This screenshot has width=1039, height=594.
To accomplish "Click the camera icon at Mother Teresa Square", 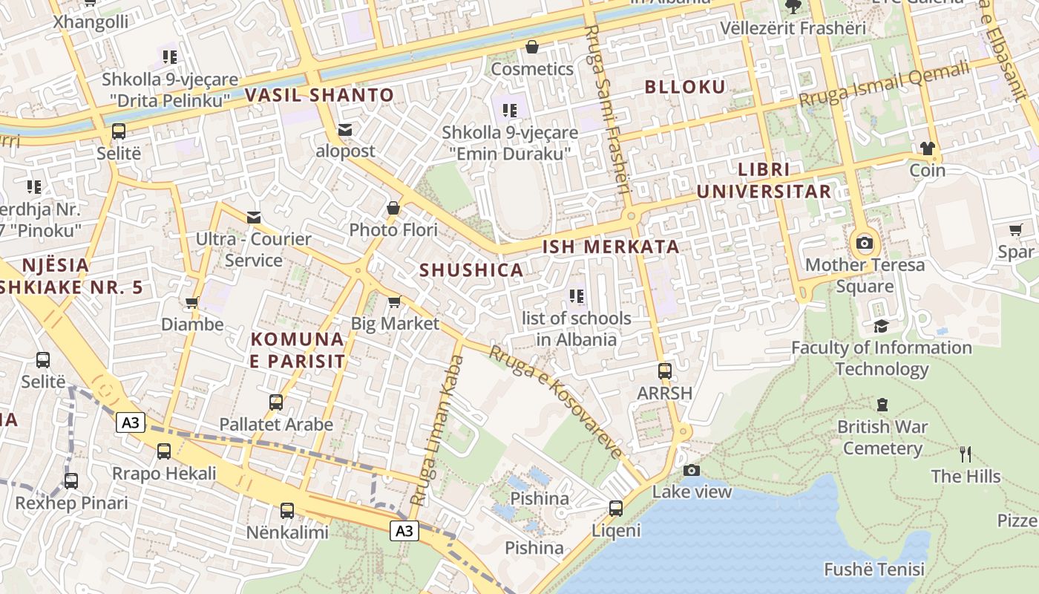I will tap(864, 243).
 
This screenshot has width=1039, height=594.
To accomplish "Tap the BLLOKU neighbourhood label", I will tap(685, 87).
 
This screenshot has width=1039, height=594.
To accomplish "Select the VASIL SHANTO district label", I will tap(319, 95).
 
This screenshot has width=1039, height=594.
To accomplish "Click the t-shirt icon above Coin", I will tap(927, 148).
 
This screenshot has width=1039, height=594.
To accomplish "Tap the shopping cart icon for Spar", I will tap(1015, 230).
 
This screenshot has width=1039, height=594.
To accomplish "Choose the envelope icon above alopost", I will tap(345, 129).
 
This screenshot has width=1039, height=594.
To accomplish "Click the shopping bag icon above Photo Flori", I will tap(393, 208).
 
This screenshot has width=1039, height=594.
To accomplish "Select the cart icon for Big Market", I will tap(394, 301).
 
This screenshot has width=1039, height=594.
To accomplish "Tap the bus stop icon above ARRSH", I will tap(664, 371).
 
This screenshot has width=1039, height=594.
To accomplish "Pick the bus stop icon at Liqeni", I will tap(615, 509).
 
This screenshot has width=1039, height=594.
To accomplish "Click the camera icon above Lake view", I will tap(691, 470).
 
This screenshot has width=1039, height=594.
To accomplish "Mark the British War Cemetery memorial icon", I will tap(882, 405).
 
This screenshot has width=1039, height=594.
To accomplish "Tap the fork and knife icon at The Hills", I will tap(965, 454).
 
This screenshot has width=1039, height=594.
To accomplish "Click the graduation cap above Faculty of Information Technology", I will tap(881, 326).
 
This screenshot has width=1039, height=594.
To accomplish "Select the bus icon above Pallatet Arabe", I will tap(275, 402).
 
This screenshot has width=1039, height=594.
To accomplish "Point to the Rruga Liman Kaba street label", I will tap(437, 431).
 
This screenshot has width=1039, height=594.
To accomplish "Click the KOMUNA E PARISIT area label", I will tap(298, 350).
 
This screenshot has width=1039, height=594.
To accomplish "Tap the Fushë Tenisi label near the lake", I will tap(874, 569).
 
